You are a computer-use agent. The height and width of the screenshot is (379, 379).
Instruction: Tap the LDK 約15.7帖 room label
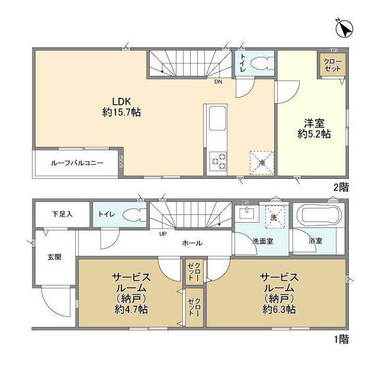point(121,106)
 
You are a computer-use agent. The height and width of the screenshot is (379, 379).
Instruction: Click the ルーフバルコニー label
point(76,162)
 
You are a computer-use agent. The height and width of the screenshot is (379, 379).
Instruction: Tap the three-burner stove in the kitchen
point(217,160)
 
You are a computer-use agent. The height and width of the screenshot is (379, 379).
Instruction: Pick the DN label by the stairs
point(219,82)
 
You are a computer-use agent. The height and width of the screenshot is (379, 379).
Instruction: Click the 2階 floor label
point(341,186)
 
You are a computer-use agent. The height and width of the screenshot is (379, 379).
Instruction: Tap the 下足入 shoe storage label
point(62,214)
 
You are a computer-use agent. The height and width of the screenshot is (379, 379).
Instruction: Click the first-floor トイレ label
point(107,214)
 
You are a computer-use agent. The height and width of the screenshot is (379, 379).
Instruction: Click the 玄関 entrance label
point(54,258)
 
